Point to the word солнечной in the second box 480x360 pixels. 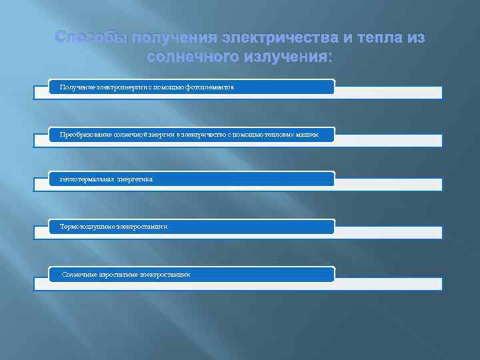click(136, 135)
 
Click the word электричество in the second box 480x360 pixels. click(204, 135)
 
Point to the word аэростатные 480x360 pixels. click(119, 274)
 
